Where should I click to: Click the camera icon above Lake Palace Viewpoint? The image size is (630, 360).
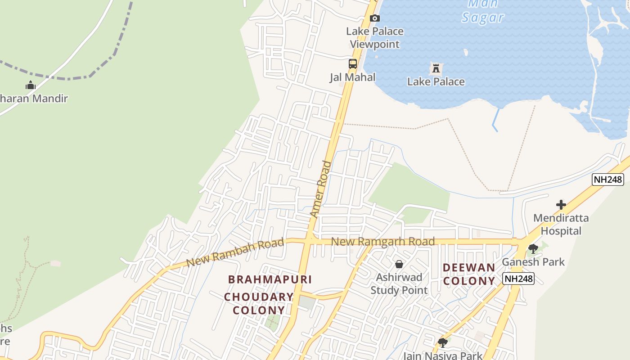[374, 18]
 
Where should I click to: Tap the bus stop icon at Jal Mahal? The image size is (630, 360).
[353, 64]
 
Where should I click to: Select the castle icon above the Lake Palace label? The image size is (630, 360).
[436, 68]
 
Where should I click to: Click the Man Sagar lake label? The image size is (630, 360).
[483, 11]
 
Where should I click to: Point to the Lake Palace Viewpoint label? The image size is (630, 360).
[375, 38]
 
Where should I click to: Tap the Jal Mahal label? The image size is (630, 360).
[353, 77]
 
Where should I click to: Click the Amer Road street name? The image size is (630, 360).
[321, 189]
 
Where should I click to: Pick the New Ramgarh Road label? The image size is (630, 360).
[383, 242]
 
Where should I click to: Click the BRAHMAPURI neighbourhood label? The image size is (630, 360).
[270, 279]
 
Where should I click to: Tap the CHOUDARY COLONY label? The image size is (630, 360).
[259, 304]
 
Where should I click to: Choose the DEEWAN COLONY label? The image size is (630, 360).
[469, 274]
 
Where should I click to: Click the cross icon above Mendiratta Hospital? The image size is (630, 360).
[561, 205]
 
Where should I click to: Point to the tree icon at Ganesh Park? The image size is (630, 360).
[533, 248]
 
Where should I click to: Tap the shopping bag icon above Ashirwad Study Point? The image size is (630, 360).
[399, 264]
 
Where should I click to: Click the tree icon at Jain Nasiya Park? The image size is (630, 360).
[443, 342]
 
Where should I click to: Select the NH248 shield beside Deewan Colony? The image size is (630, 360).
[518, 279]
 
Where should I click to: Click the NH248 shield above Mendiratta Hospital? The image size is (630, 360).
[608, 180]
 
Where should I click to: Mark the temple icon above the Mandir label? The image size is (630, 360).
[31, 85]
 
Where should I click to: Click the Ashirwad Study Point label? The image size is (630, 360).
[399, 283]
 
